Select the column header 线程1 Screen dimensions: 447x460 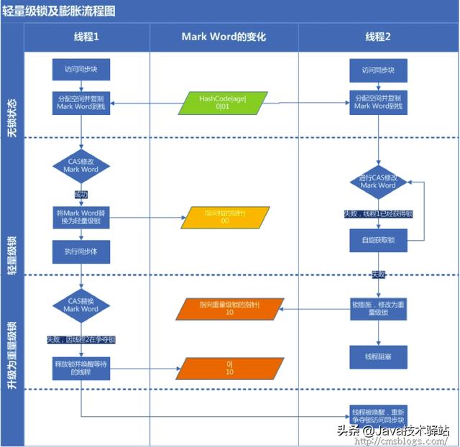click(86, 37)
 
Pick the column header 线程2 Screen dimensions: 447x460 click(378, 37)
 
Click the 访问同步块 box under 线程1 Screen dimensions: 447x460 click(80, 70)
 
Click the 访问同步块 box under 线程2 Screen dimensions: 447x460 click(378, 70)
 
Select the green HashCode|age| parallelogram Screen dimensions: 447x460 click(223, 103)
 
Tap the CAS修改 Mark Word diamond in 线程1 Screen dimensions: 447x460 click(80, 166)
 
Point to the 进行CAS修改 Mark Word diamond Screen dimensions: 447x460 click(378, 181)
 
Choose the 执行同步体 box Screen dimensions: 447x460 click(80, 251)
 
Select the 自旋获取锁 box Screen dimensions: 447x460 click(378, 239)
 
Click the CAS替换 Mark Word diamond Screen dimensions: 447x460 click(80, 305)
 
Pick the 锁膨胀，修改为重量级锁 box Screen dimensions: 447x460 click(378, 309)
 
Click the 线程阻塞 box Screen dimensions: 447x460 click(378, 356)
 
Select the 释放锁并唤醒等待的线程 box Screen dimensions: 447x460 click(80, 369)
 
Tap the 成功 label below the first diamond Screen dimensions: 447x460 click(80, 194)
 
